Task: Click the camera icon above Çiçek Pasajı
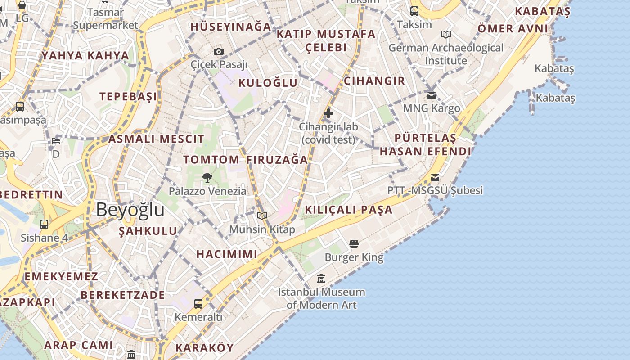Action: click(x=219, y=51)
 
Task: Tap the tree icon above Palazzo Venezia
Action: click(x=207, y=177)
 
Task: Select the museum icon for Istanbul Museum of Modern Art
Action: click(x=321, y=279)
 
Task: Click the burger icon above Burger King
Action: click(x=354, y=244)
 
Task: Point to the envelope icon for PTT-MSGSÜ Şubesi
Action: click(x=435, y=177)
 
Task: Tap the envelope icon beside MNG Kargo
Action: click(x=432, y=95)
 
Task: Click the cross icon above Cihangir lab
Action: click(x=328, y=113)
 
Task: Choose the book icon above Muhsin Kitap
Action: click(x=262, y=216)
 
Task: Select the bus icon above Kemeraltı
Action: click(x=198, y=303)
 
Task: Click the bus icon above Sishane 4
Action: click(x=44, y=224)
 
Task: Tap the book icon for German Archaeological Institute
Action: click(x=446, y=34)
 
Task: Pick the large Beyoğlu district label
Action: click(x=130, y=210)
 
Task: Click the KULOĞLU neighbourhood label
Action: click(x=268, y=83)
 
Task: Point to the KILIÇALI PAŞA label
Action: click(x=349, y=210)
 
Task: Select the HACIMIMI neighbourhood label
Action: click(x=227, y=254)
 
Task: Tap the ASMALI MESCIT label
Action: click(x=156, y=139)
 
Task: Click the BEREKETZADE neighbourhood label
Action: click(x=123, y=295)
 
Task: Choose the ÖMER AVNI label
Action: click(x=513, y=29)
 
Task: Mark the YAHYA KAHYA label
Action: click(x=85, y=56)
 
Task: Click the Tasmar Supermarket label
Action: click(x=105, y=19)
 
